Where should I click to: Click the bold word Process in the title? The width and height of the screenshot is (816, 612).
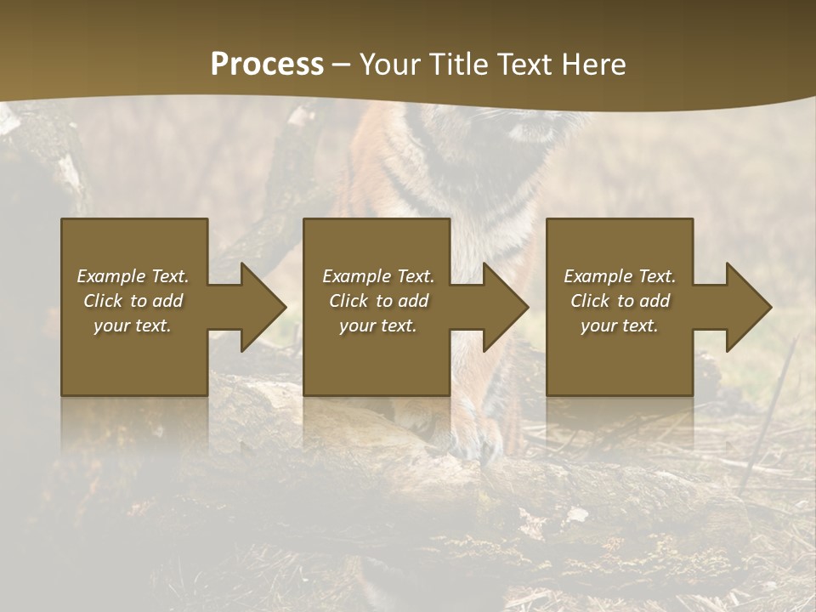click(267, 64)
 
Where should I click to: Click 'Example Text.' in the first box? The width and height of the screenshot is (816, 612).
click(133, 276)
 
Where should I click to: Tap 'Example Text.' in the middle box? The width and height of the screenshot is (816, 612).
click(378, 276)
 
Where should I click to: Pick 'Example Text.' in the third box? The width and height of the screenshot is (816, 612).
click(620, 276)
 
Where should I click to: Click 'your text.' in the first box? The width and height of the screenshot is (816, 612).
click(133, 326)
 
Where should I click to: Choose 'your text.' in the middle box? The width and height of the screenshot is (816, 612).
click(378, 326)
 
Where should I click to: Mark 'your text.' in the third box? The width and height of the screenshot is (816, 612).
click(620, 326)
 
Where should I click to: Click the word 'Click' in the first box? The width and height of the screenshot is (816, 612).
click(103, 301)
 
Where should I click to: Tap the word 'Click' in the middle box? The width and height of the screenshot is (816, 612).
click(348, 301)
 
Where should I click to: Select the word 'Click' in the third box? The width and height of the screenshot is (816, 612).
click(590, 301)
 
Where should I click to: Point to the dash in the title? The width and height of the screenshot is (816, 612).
click(341, 65)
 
